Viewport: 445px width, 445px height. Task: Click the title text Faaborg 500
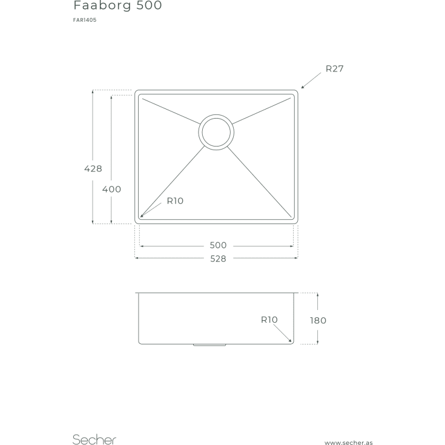pyautogui.click(x=117, y=5)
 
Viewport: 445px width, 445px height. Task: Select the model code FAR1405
pyautogui.click(x=85, y=20)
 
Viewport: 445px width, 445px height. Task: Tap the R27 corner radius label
pyautogui.click(x=335, y=68)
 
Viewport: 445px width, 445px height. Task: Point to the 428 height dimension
pyautogui.click(x=93, y=168)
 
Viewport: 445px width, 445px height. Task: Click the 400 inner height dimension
pyautogui.click(x=111, y=189)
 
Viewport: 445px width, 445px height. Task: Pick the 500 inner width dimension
pyautogui.click(x=218, y=245)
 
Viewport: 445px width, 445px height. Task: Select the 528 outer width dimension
pyautogui.click(x=218, y=259)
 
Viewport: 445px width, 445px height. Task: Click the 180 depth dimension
pyautogui.click(x=318, y=320)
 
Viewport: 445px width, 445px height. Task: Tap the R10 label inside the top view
pyautogui.click(x=175, y=201)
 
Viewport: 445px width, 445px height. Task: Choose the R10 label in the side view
pyautogui.click(x=269, y=320)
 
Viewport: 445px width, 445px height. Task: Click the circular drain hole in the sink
pyautogui.click(x=216, y=132)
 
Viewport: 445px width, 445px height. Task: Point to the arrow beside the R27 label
pyautogui.click(x=311, y=81)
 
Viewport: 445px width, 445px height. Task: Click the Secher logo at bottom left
pyautogui.click(x=94, y=440)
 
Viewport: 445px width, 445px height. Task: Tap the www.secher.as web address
pyautogui.click(x=349, y=443)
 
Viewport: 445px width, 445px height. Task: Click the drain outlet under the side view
pyautogui.click(x=209, y=345)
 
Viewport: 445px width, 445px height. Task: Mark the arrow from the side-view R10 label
pyautogui.click(x=282, y=333)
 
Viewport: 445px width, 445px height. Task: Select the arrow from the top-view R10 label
pyautogui.click(x=151, y=210)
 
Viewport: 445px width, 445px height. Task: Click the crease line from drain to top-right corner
pyautogui.click(x=262, y=111)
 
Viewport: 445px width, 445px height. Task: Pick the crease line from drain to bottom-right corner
pyautogui.click(x=259, y=182)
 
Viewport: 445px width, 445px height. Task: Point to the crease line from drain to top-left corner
pyautogui.click(x=171, y=111)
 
